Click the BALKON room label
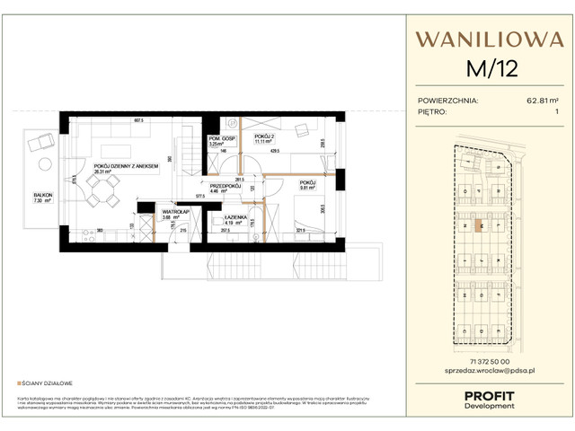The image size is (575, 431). tap(42, 195)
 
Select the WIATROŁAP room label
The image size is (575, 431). tap(149, 212)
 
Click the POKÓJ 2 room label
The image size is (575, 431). tap(262, 136)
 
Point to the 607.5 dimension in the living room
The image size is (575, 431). tap(139, 120)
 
